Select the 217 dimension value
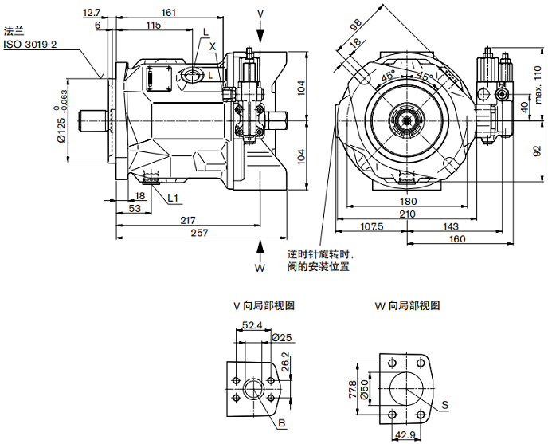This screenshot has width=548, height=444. (188, 219)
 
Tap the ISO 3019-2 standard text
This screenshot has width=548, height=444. (30, 45)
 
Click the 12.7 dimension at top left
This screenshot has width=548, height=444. (92, 12)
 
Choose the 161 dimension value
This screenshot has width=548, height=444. (168, 12)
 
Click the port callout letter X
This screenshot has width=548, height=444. (212, 46)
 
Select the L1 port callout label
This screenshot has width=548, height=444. (173, 196)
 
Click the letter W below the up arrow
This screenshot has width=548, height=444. (260, 268)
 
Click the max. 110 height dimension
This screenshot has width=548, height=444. (537, 81)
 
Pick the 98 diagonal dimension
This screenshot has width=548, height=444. (355, 26)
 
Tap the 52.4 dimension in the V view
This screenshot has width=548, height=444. (252, 325)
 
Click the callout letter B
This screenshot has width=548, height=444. (282, 422)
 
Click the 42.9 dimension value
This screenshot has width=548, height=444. (407, 435)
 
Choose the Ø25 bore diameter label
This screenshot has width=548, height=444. (282, 337)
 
